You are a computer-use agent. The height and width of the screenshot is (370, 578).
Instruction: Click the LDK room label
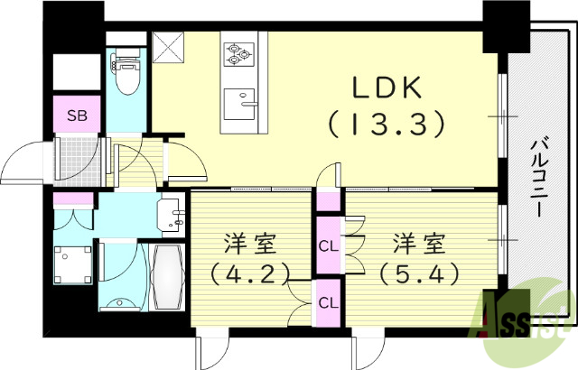pyautogui.click(x=387, y=88)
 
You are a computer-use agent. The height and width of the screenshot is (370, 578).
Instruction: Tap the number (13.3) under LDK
pyautogui.click(x=387, y=124)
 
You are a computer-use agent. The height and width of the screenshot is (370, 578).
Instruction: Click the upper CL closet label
pyautogui.click(x=327, y=245)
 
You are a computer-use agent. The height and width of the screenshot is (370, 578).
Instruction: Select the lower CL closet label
pyautogui.click(x=327, y=303)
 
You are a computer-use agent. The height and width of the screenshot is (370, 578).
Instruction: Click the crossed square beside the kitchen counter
pyautogui.click(x=167, y=45)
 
